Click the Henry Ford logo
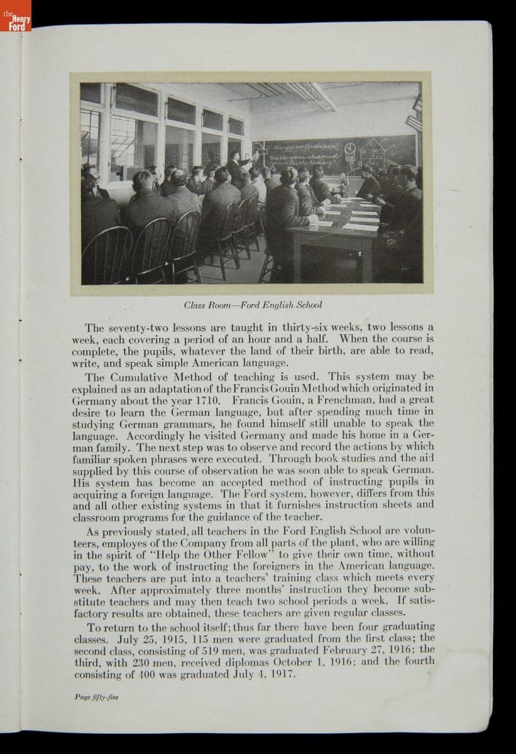click(16, 23)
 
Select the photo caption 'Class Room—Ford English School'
click(253, 305)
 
